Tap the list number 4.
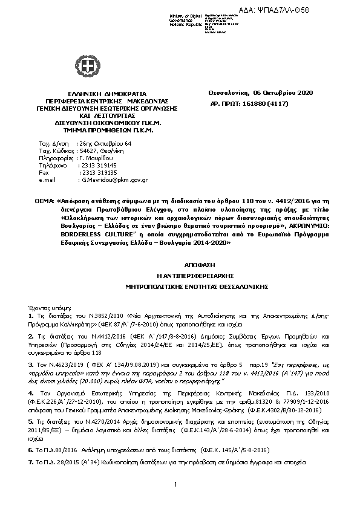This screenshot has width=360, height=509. [31, 393]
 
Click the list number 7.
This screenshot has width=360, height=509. [31, 461]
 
